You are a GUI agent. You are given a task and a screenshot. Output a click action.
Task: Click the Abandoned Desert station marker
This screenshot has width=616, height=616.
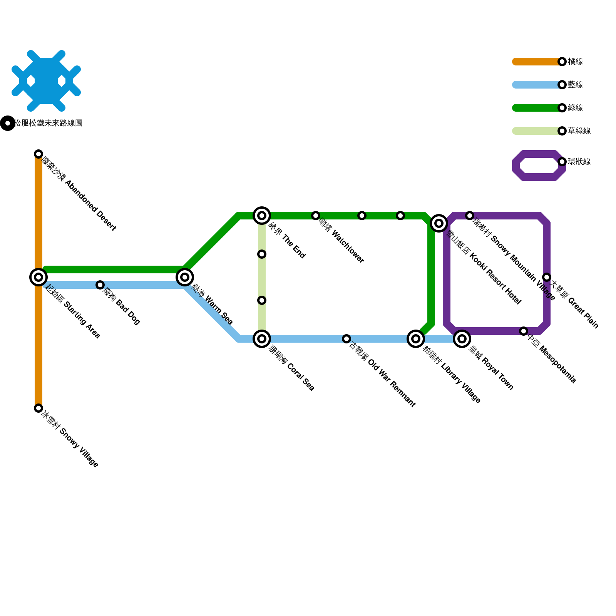(38, 154)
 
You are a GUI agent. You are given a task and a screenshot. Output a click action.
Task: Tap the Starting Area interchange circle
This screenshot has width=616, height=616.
(38, 277)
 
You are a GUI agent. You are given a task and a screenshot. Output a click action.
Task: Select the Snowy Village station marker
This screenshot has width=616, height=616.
(38, 408)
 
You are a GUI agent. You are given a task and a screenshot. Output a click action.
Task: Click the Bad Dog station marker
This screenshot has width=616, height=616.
(100, 285)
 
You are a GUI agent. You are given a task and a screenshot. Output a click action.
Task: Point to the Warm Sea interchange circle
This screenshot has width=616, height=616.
(185, 277)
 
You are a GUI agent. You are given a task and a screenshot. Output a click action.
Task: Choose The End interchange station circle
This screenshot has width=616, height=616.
(262, 216)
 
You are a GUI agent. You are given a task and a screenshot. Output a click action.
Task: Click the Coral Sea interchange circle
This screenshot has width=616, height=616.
(262, 339)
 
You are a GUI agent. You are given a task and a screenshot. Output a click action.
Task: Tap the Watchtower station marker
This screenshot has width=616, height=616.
(316, 216)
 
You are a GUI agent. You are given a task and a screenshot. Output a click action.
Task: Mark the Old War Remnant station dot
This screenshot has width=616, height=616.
(346, 339)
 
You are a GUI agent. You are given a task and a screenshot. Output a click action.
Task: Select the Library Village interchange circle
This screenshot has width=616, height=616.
(416, 339)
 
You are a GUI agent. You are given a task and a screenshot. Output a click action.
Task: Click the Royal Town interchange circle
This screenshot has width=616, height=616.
(462, 339)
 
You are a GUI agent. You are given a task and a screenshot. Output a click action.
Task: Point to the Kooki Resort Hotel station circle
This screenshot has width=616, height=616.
(439, 223)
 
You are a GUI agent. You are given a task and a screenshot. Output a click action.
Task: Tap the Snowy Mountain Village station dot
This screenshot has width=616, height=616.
(470, 216)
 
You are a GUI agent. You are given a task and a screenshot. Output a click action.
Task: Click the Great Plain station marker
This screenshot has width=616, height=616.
(547, 277)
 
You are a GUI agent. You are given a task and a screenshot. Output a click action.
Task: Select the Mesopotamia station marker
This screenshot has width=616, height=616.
(524, 331)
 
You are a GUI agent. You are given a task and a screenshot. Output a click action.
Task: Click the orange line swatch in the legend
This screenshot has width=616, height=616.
(535, 62)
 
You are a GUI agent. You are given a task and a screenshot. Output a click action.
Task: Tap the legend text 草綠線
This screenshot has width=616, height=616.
(579, 131)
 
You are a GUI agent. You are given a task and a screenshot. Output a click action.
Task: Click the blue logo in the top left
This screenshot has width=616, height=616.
(46, 81)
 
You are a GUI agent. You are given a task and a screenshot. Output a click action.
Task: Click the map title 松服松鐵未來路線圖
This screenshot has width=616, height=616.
(48, 123)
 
